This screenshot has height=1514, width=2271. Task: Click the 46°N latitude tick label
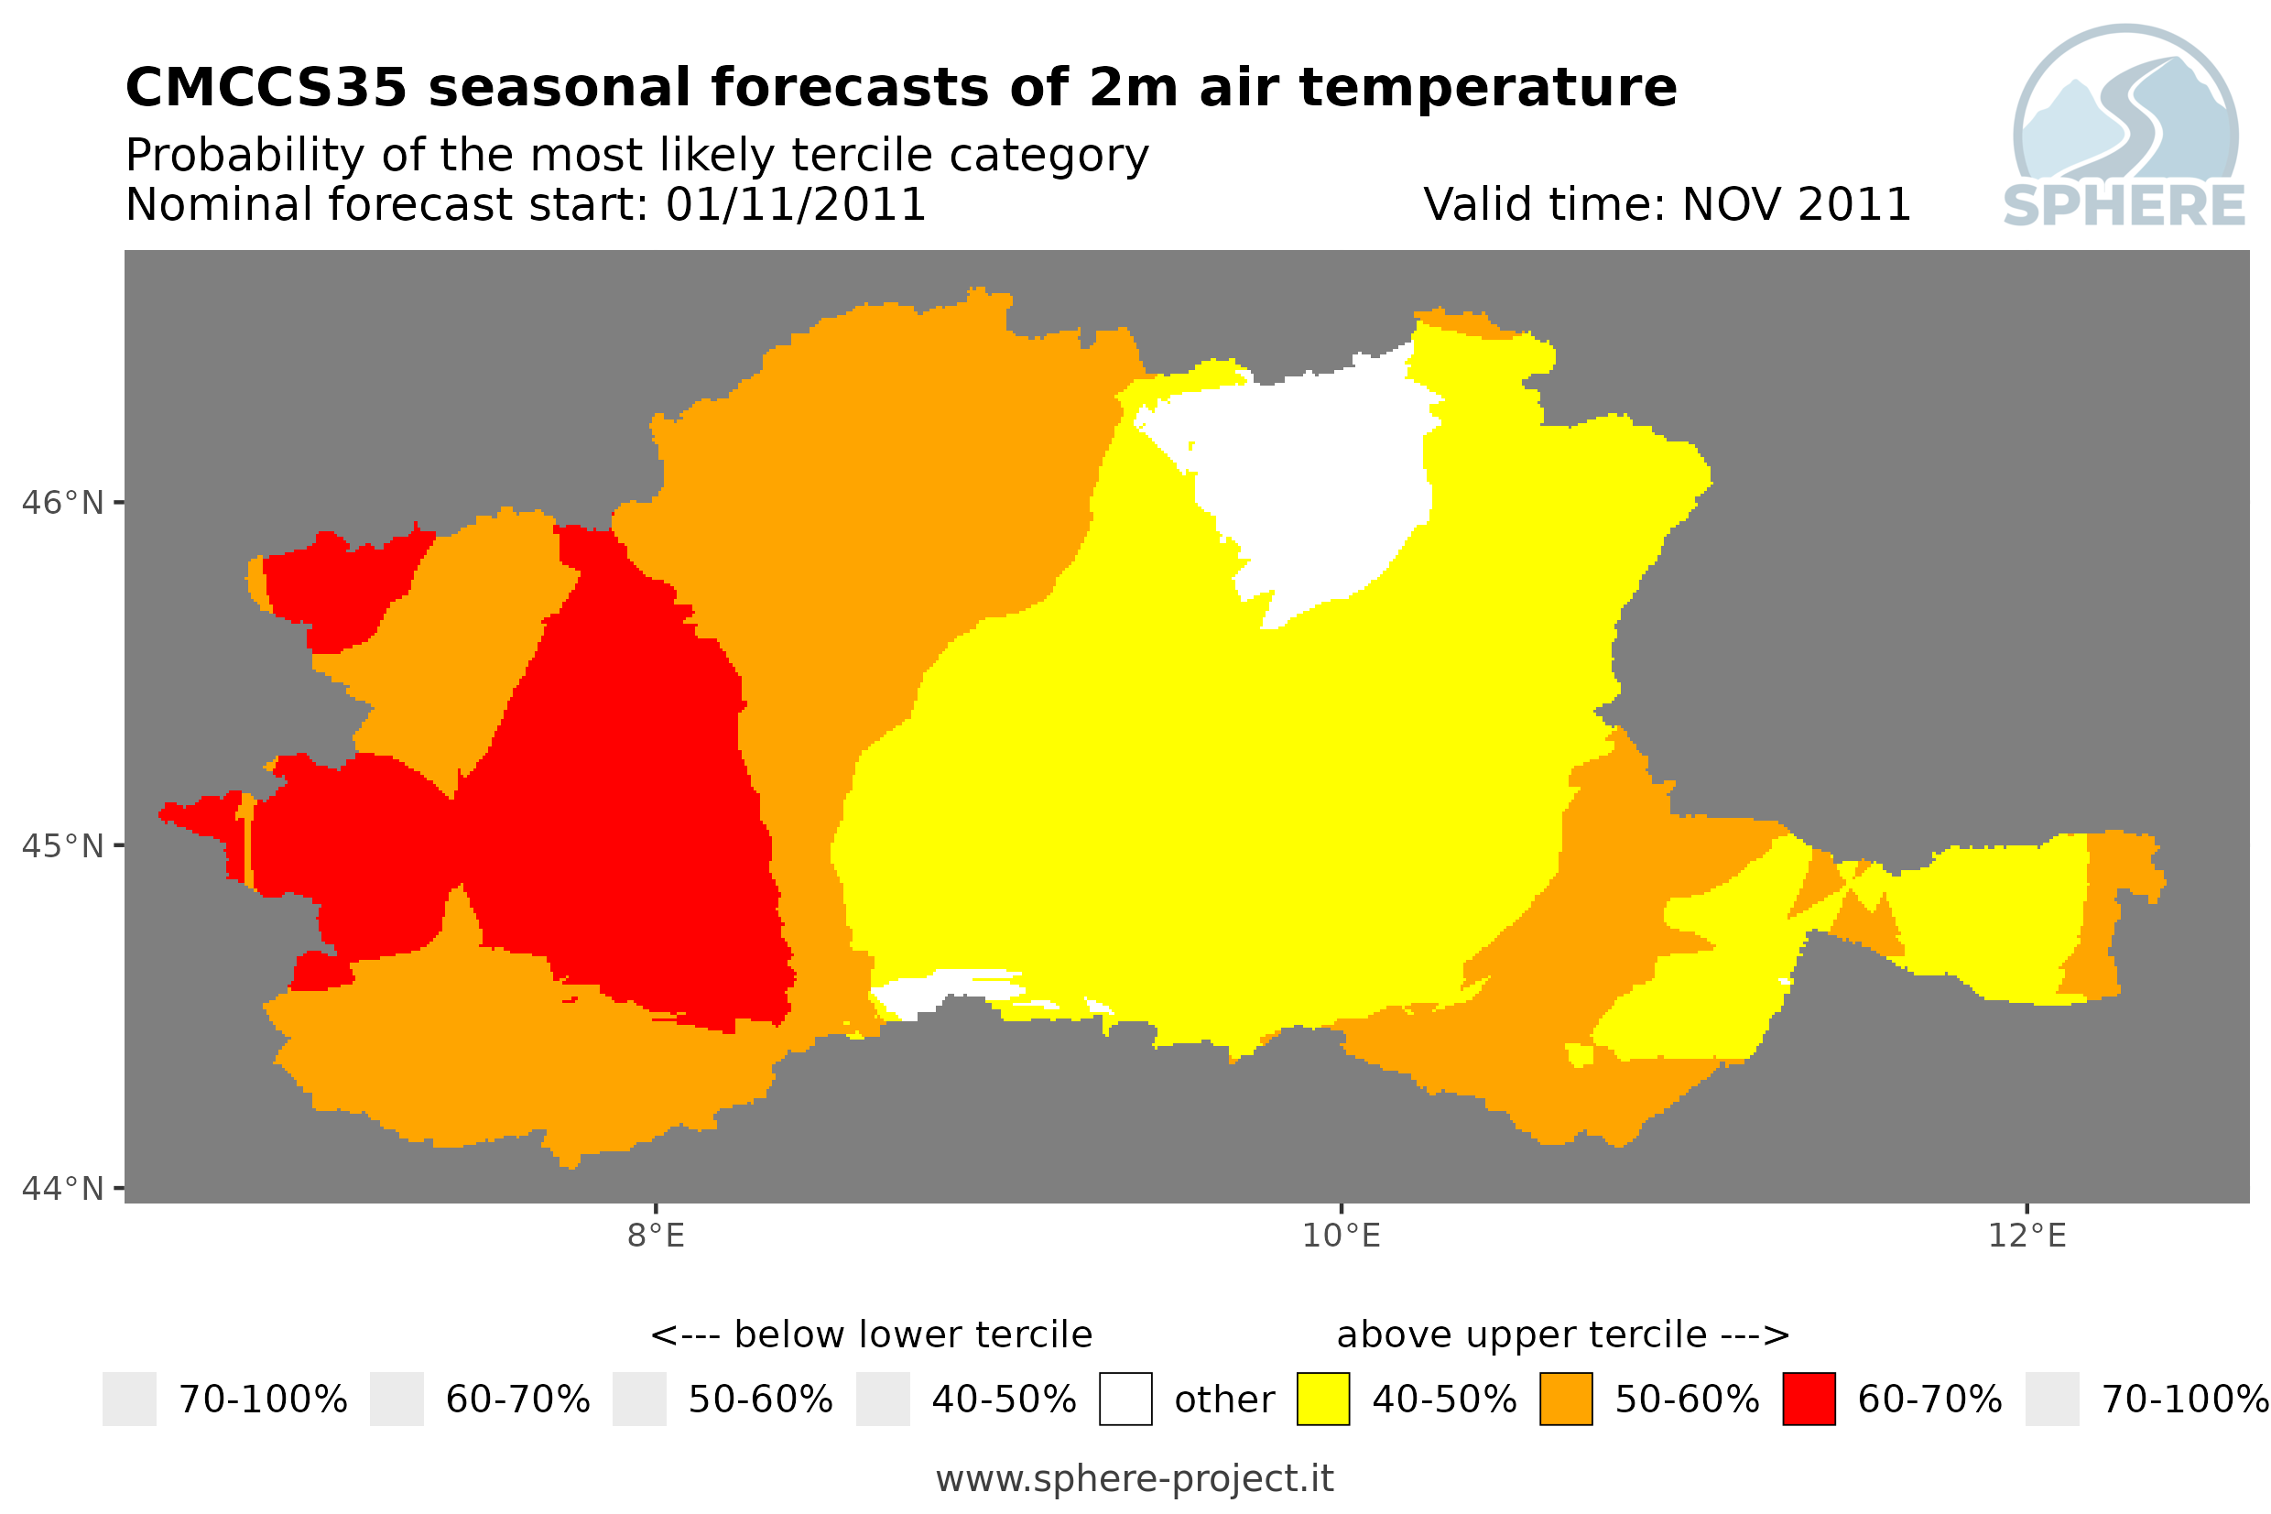(61, 503)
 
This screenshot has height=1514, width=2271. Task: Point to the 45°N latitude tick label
(61, 845)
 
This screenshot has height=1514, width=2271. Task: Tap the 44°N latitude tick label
(61, 1189)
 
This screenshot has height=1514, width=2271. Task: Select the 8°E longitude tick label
(657, 1236)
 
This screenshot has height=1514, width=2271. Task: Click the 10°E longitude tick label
(1342, 1236)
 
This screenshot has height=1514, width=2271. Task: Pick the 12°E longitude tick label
(2027, 1236)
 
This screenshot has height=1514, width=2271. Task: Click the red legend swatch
(1809, 1400)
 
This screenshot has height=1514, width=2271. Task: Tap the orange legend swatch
(1566, 1400)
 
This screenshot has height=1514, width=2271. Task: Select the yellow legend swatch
(1322, 1400)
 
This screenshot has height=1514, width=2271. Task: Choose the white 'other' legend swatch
(1125, 1400)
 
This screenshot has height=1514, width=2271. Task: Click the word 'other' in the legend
(1223, 1400)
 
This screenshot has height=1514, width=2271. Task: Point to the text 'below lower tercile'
(913, 1334)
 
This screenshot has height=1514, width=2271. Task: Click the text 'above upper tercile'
(1522, 1334)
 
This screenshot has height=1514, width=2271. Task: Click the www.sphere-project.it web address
(1135, 1478)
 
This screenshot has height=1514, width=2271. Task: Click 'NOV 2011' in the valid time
(1796, 204)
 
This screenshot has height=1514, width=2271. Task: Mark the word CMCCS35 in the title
(266, 87)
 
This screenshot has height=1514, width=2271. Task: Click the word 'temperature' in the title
(1488, 89)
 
